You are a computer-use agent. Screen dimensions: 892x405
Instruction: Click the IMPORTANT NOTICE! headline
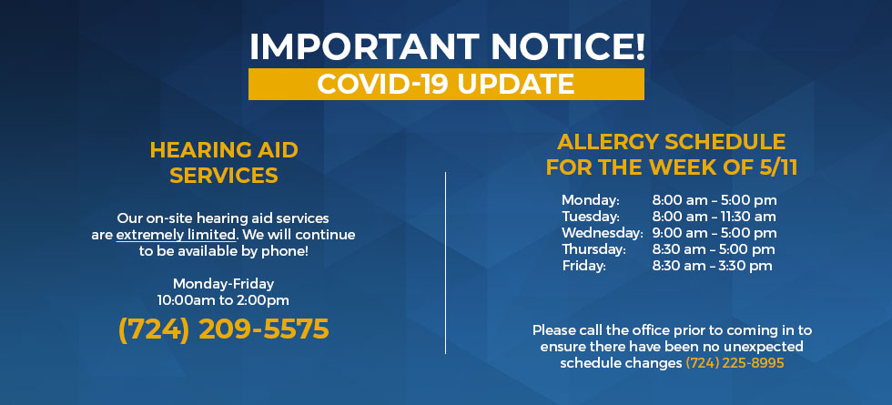coord(447,46)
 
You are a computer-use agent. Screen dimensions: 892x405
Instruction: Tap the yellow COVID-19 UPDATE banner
coord(446,84)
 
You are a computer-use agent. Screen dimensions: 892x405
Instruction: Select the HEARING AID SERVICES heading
coord(224,163)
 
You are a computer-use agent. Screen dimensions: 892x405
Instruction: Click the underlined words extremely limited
coord(176,235)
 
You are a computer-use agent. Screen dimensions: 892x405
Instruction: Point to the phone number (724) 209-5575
coord(224,329)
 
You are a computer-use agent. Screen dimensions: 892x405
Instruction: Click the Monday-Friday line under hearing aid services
coord(224,283)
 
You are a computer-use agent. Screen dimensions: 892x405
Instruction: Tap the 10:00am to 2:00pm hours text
coord(224,299)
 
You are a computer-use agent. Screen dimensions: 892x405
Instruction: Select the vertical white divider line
coord(445,263)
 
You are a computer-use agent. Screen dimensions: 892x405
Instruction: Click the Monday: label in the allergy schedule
coord(591,200)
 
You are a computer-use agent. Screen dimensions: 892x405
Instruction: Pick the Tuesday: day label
coord(591,217)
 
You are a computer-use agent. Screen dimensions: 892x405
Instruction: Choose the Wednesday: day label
coord(603,233)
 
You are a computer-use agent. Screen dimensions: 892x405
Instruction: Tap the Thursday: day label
coord(593,249)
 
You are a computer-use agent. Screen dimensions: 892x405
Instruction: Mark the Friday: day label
coord(584,266)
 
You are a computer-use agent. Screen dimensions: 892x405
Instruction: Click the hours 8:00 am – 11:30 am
coord(714,217)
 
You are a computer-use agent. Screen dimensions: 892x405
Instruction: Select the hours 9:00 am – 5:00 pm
coord(715,233)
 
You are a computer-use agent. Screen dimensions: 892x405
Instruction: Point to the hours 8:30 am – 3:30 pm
coord(712,266)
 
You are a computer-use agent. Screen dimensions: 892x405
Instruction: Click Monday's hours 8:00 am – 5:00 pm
coord(715,200)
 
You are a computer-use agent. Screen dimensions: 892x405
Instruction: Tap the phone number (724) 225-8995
coord(735,363)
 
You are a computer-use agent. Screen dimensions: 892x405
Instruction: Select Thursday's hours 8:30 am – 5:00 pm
coord(714,249)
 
